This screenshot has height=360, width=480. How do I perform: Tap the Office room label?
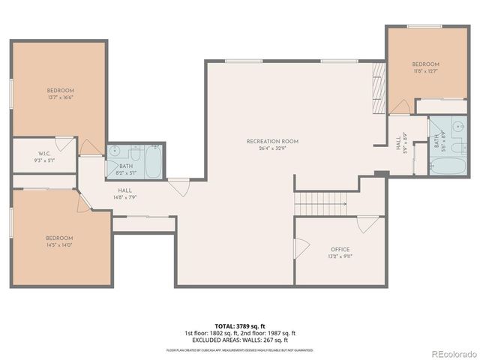coord(340,250)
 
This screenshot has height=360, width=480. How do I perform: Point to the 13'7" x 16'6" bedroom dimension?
coord(61,97)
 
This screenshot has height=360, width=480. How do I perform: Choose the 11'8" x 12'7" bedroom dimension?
coord(425,72)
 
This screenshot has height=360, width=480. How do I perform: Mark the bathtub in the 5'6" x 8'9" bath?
coord(438,167)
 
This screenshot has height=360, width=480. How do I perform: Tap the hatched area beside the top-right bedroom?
coord(379,88)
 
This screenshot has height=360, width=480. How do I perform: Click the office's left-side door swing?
coord(301,248)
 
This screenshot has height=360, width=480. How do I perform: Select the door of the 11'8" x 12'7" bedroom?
coord(400,107)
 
